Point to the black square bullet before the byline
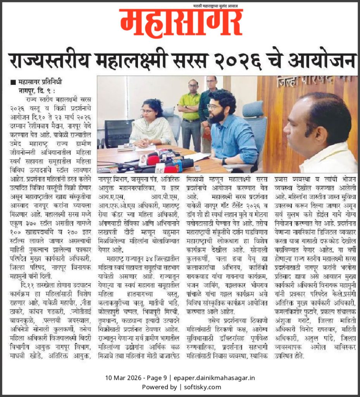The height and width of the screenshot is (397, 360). click(13, 83)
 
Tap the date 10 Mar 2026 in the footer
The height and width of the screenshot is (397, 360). click(122, 378)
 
